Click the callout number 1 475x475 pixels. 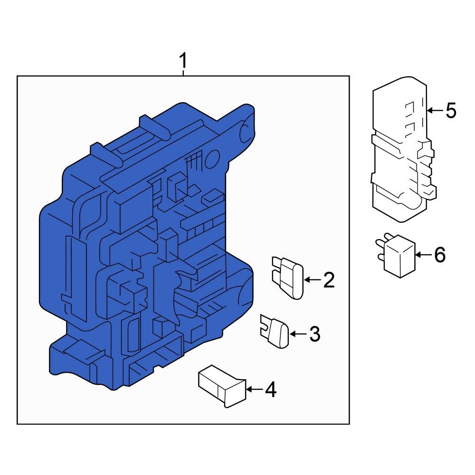[183, 61]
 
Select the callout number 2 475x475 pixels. [329, 280]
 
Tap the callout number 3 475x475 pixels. [315, 334]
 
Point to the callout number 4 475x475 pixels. [271, 389]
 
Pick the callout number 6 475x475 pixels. [440, 255]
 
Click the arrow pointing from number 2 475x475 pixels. [312, 280]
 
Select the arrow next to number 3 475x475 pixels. [298, 334]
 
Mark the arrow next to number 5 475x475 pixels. [435, 111]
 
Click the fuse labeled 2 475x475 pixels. [288, 278]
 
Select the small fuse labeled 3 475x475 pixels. [275, 331]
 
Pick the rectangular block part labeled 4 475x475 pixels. [222, 386]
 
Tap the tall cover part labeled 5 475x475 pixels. [404, 149]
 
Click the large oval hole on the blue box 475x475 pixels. [212, 159]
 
